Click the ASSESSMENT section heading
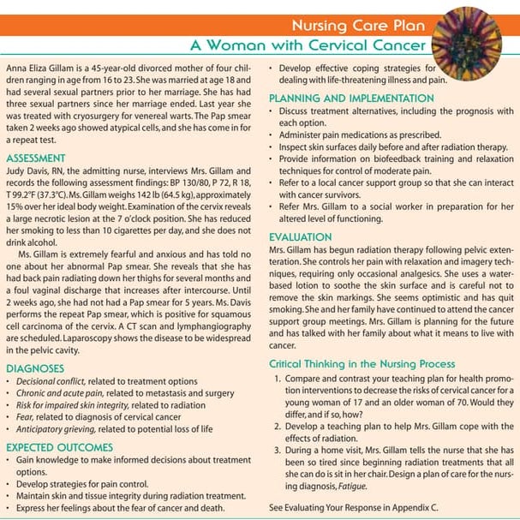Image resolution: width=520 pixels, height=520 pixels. (x=35, y=158)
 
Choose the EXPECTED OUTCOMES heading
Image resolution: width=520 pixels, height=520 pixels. (x=59, y=447)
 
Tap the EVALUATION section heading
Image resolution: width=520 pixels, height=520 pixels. (x=300, y=236)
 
